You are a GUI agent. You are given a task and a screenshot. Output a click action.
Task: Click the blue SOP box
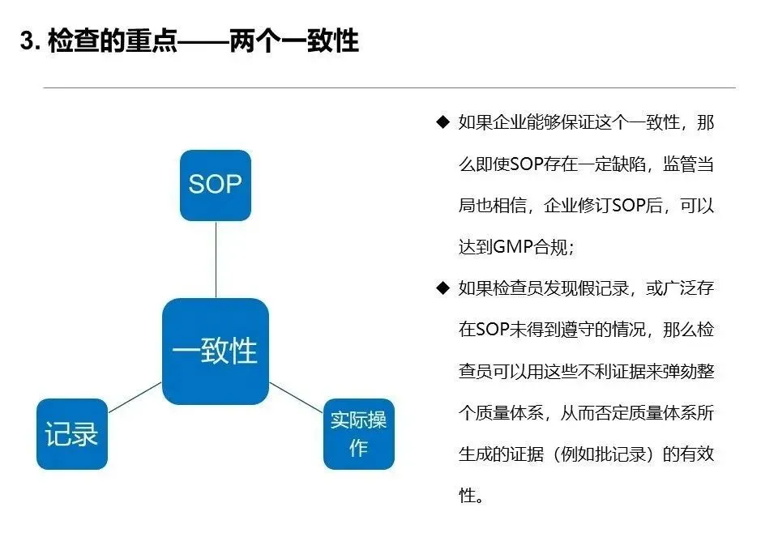pyautogui.click(x=215, y=185)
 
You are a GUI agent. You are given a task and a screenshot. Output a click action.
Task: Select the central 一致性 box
pyautogui.click(x=215, y=351)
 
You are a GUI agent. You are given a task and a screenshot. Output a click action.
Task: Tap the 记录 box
pyautogui.click(x=71, y=433)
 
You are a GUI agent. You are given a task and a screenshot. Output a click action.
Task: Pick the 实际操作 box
pyautogui.click(x=358, y=433)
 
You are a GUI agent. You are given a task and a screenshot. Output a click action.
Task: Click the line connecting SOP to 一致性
pyautogui.click(x=216, y=259)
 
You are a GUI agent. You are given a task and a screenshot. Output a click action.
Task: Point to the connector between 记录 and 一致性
pyautogui.click(x=135, y=397)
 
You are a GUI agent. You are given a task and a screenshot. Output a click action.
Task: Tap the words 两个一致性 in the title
pyautogui.click(x=313, y=40)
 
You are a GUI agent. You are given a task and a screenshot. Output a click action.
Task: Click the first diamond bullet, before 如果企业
pyautogui.click(x=442, y=122)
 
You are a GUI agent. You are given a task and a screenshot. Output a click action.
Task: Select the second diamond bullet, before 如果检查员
pyautogui.click(x=442, y=288)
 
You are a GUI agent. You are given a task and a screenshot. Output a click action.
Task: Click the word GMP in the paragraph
pyautogui.click(x=511, y=247)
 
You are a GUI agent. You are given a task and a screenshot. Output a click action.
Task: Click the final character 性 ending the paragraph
pyautogui.click(x=468, y=495)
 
